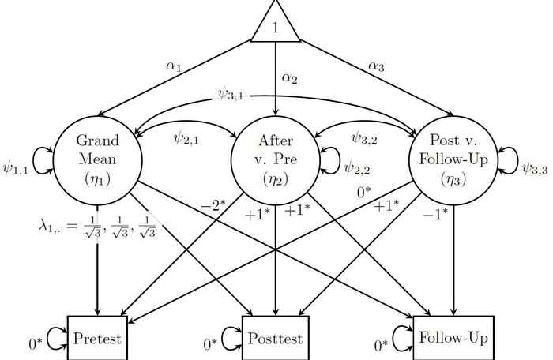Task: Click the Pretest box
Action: coord(97,339)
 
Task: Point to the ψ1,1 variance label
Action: coord(17,167)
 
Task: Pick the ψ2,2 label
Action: coord(356,167)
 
